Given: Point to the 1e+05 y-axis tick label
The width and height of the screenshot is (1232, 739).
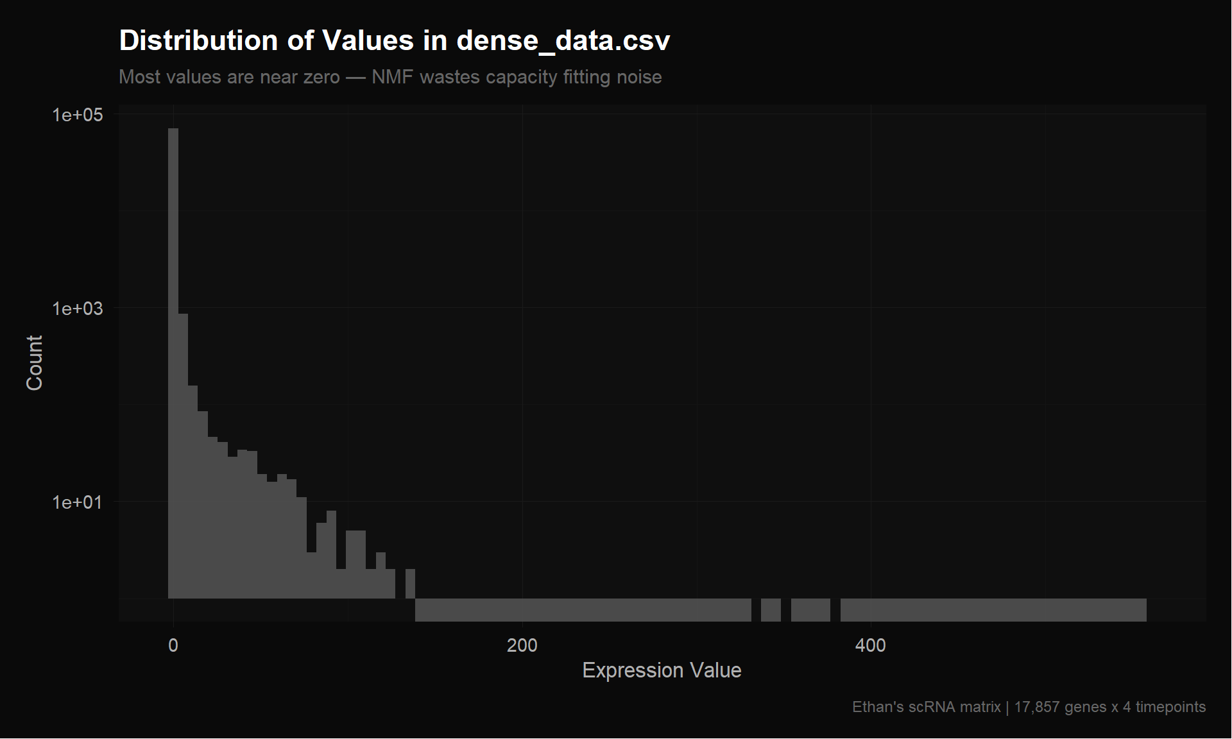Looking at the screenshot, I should (77, 115).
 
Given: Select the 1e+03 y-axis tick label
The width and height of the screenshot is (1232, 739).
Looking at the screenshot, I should (77, 309).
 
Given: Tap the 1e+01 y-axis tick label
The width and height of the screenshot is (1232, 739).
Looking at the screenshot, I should (77, 502).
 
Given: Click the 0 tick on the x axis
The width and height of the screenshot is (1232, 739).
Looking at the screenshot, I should (173, 645).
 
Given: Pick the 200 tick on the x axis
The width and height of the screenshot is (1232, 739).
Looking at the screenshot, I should (522, 645).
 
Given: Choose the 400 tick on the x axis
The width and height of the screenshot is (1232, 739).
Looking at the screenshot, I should (870, 645).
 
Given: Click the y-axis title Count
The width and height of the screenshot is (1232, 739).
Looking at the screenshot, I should (34, 362).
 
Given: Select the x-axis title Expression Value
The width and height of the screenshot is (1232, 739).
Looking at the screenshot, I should (662, 670).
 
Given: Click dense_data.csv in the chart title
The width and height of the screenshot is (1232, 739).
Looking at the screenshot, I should (563, 41).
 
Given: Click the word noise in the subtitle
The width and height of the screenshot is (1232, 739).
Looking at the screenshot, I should (638, 77).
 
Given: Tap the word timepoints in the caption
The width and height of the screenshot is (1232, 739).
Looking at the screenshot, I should (1170, 707).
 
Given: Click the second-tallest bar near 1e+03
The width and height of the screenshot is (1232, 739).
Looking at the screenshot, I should (183, 455).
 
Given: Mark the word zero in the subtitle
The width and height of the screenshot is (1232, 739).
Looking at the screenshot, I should (320, 77).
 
